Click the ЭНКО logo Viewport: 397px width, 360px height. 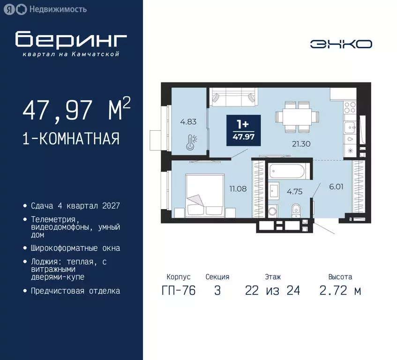[x=341, y=44]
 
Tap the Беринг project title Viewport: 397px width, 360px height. [x=71, y=40]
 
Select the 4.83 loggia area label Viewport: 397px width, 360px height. [x=189, y=122]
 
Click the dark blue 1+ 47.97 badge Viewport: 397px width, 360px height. [x=243, y=130]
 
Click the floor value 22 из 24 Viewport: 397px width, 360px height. [x=272, y=291]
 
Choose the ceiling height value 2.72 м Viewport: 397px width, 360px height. [x=340, y=291]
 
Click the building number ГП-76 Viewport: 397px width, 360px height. [x=178, y=291]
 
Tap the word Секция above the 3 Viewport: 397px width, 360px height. [x=217, y=277]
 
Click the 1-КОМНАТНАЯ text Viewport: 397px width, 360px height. [x=71, y=139]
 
